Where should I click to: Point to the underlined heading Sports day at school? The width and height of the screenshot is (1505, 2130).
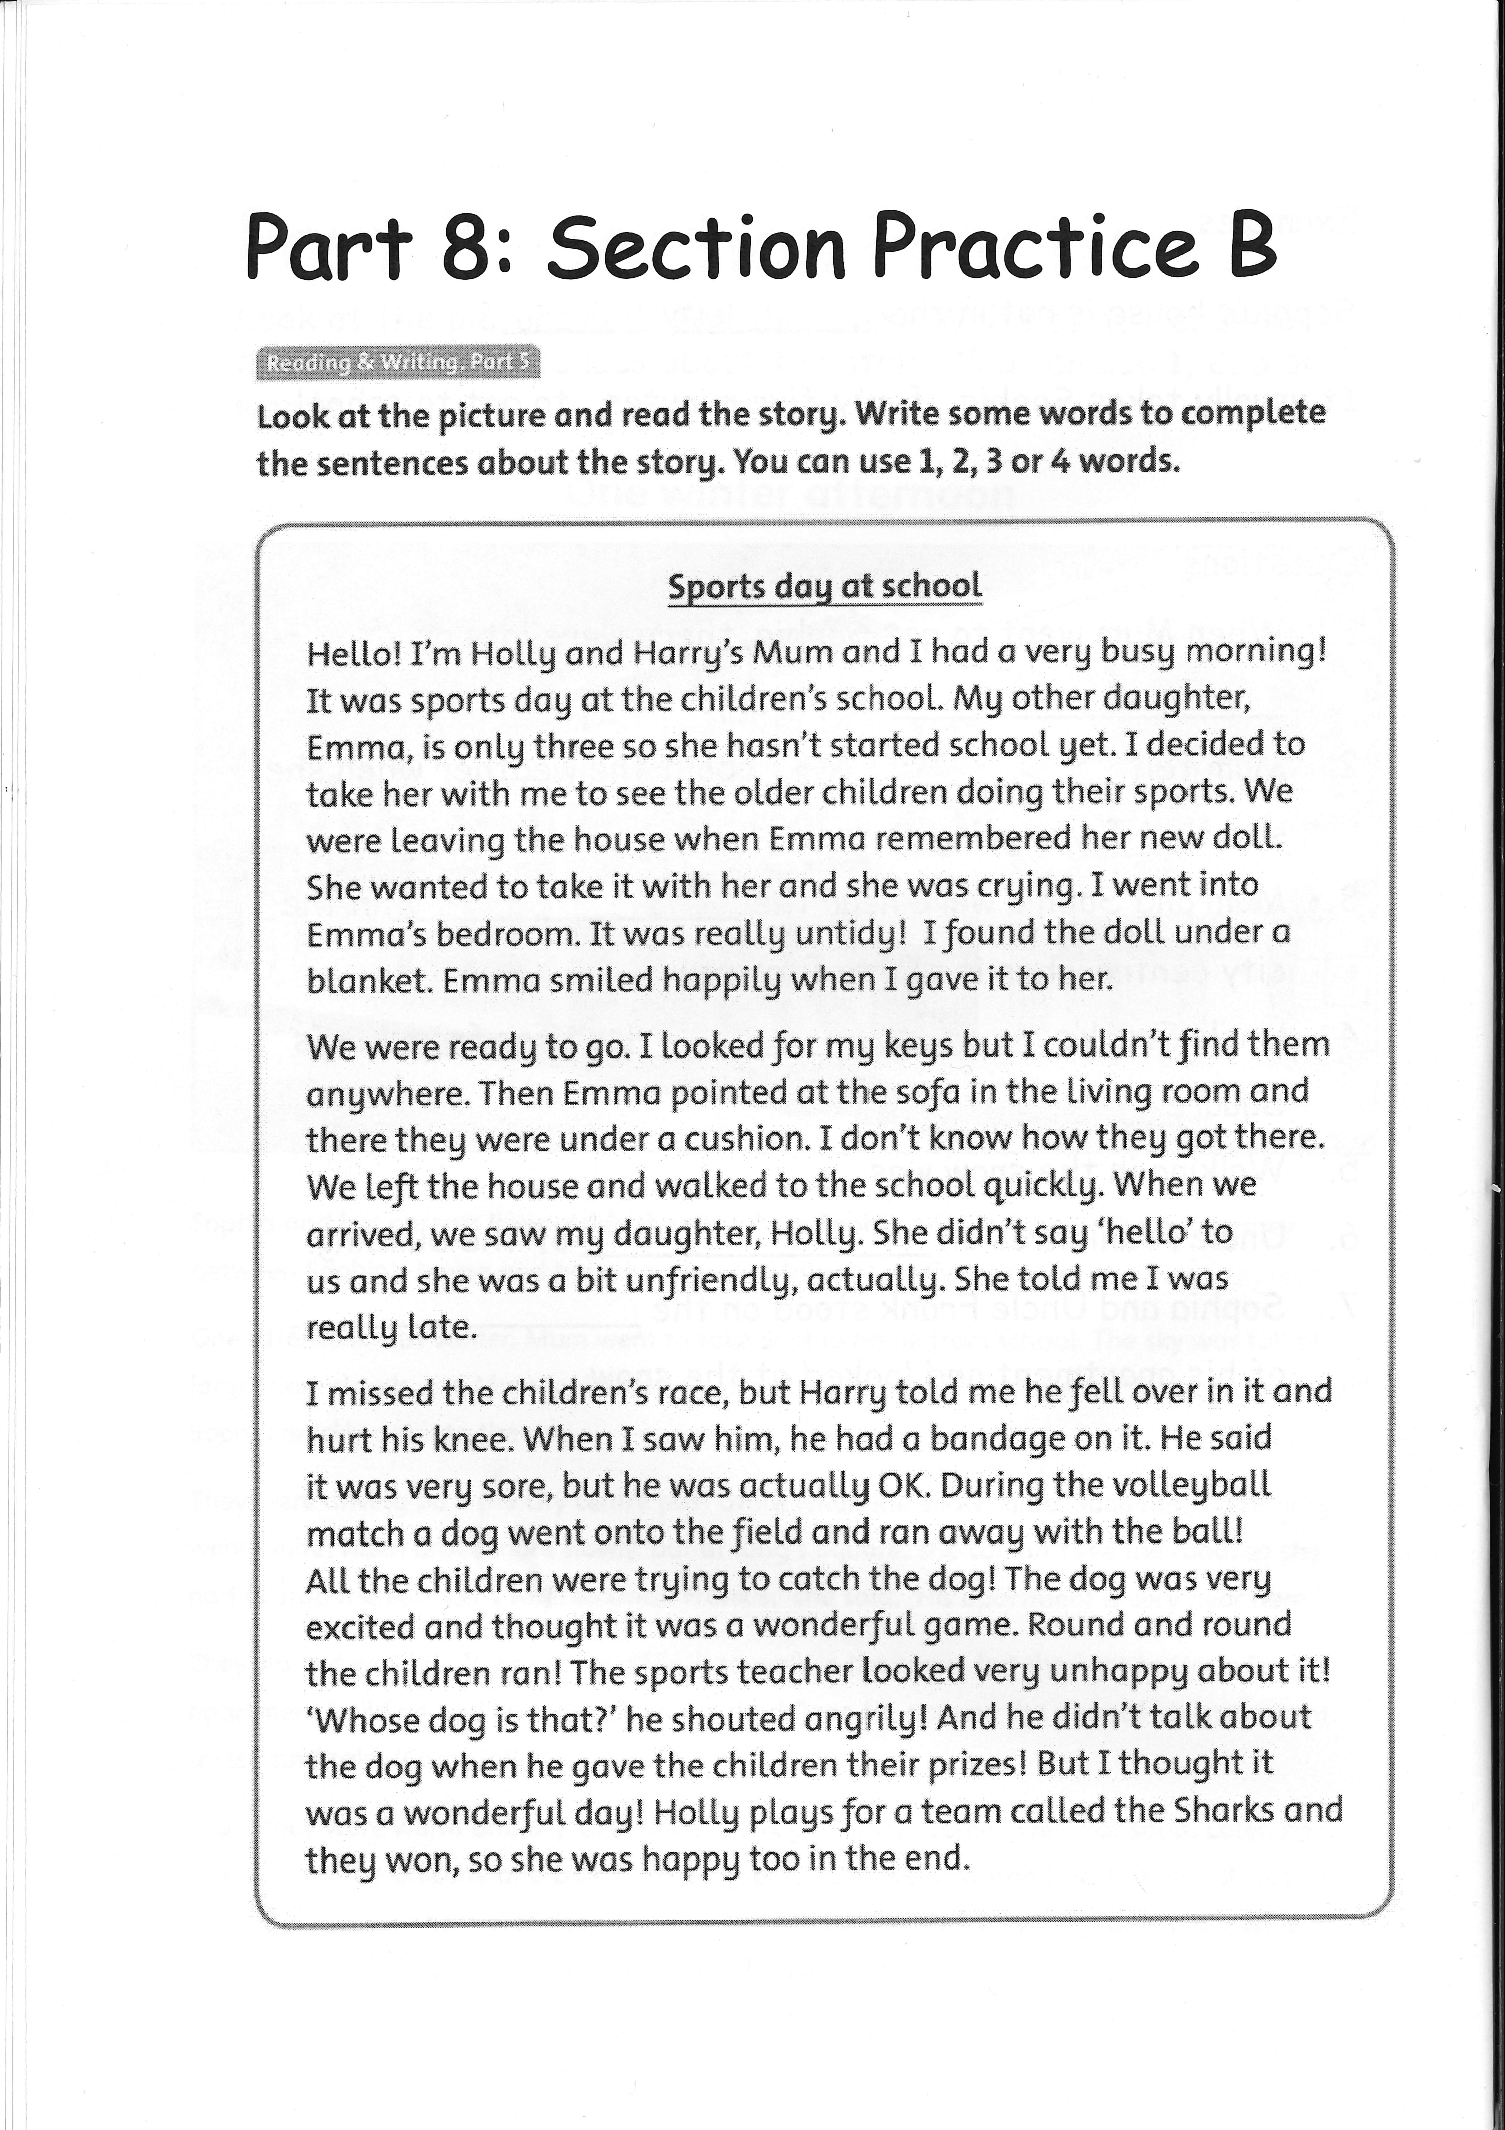[x=824, y=586]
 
